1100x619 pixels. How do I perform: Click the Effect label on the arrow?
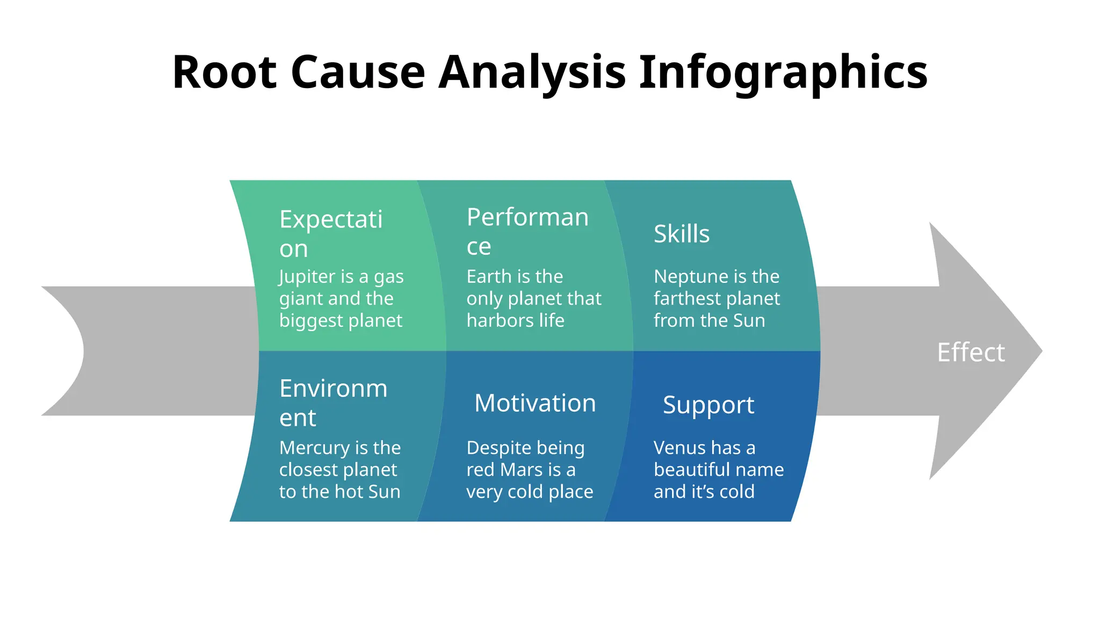[x=971, y=352]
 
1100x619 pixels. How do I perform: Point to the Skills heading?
[x=682, y=234]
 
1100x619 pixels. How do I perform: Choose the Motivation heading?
[x=535, y=403]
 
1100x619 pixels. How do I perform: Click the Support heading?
[x=708, y=405]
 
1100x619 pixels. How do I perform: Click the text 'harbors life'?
[x=515, y=320]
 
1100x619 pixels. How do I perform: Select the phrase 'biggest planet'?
[x=341, y=320]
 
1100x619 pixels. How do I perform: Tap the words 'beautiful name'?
[x=718, y=470]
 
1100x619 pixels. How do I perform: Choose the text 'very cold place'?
[x=529, y=492]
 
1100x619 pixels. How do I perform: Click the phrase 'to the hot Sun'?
[x=339, y=492]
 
